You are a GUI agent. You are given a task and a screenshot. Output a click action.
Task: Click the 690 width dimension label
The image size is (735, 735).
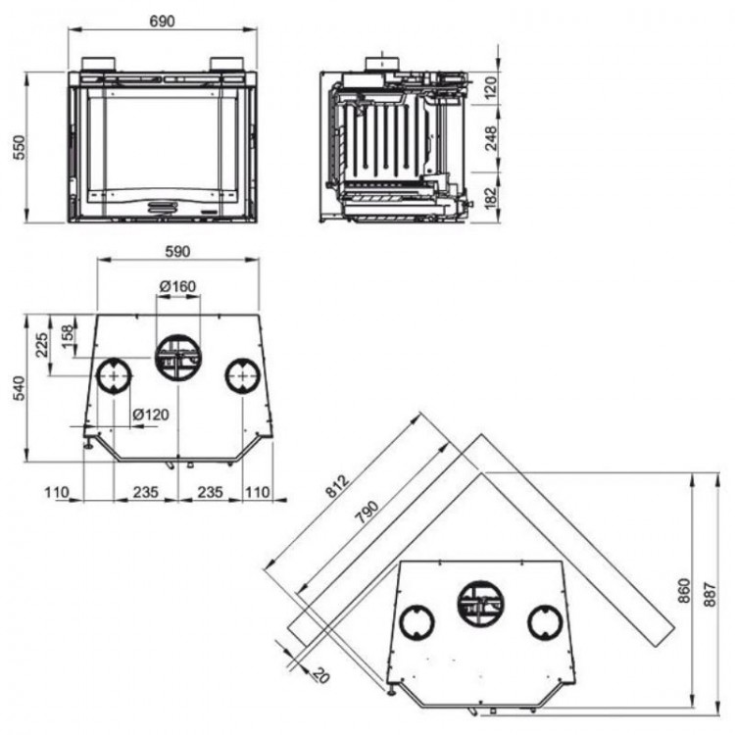click(x=162, y=22)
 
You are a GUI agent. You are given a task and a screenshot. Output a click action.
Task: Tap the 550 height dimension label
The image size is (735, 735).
click(x=20, y=148)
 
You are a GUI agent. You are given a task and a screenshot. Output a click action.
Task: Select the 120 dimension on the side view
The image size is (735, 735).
click(x=490, y=87)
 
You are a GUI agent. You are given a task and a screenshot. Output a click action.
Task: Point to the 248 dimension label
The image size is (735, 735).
click(x=490, y=138)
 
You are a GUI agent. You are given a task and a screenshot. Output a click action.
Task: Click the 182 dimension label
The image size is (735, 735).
click(x=490, y=198)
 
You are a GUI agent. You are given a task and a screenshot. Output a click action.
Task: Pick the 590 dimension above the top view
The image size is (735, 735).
click(x=177, y=251)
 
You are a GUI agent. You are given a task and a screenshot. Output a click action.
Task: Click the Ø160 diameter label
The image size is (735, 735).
click(x=177, y=286)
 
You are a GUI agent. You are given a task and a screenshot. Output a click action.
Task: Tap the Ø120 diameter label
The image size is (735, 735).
click(x=151, y=415)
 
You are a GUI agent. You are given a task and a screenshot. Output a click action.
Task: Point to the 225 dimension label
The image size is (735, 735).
click(x=42, y=345)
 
